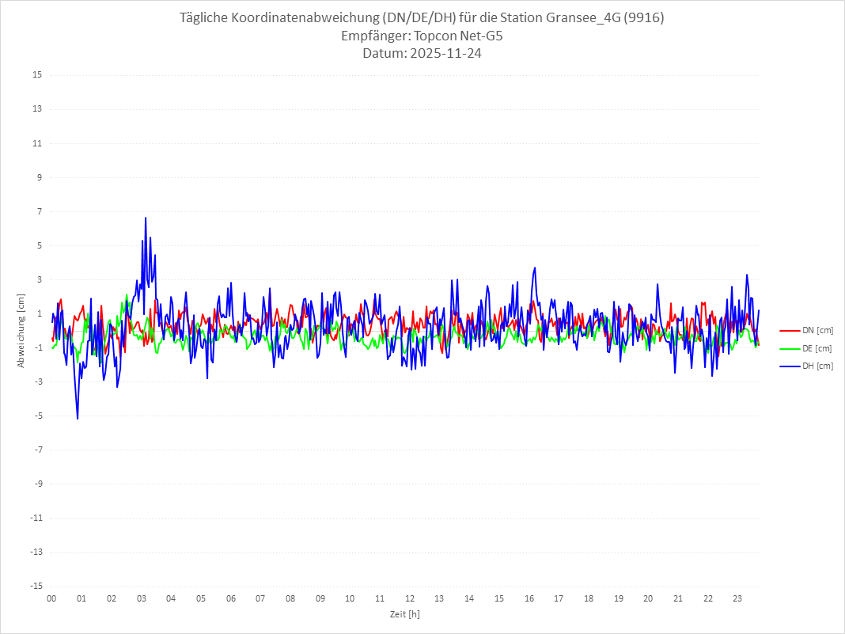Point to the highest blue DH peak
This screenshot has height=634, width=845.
point(146,218)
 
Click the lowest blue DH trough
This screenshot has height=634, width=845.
point(78,418)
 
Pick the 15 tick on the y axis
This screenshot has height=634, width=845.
point(37,75)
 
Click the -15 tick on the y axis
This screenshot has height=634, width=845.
point(36,586)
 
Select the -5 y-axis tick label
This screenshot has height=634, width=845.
point(37,416)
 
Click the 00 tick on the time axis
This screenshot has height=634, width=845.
point(51,598)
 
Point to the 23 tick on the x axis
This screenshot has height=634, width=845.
point(737,598)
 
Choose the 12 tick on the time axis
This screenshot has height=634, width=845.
point(410,598)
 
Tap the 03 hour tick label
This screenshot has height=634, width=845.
point(141,598)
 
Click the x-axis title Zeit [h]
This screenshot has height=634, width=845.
point(404,613)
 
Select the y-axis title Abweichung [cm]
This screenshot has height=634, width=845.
point(22,330)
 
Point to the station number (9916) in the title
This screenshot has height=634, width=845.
point(642,18)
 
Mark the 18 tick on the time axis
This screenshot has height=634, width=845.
point(589,598)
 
